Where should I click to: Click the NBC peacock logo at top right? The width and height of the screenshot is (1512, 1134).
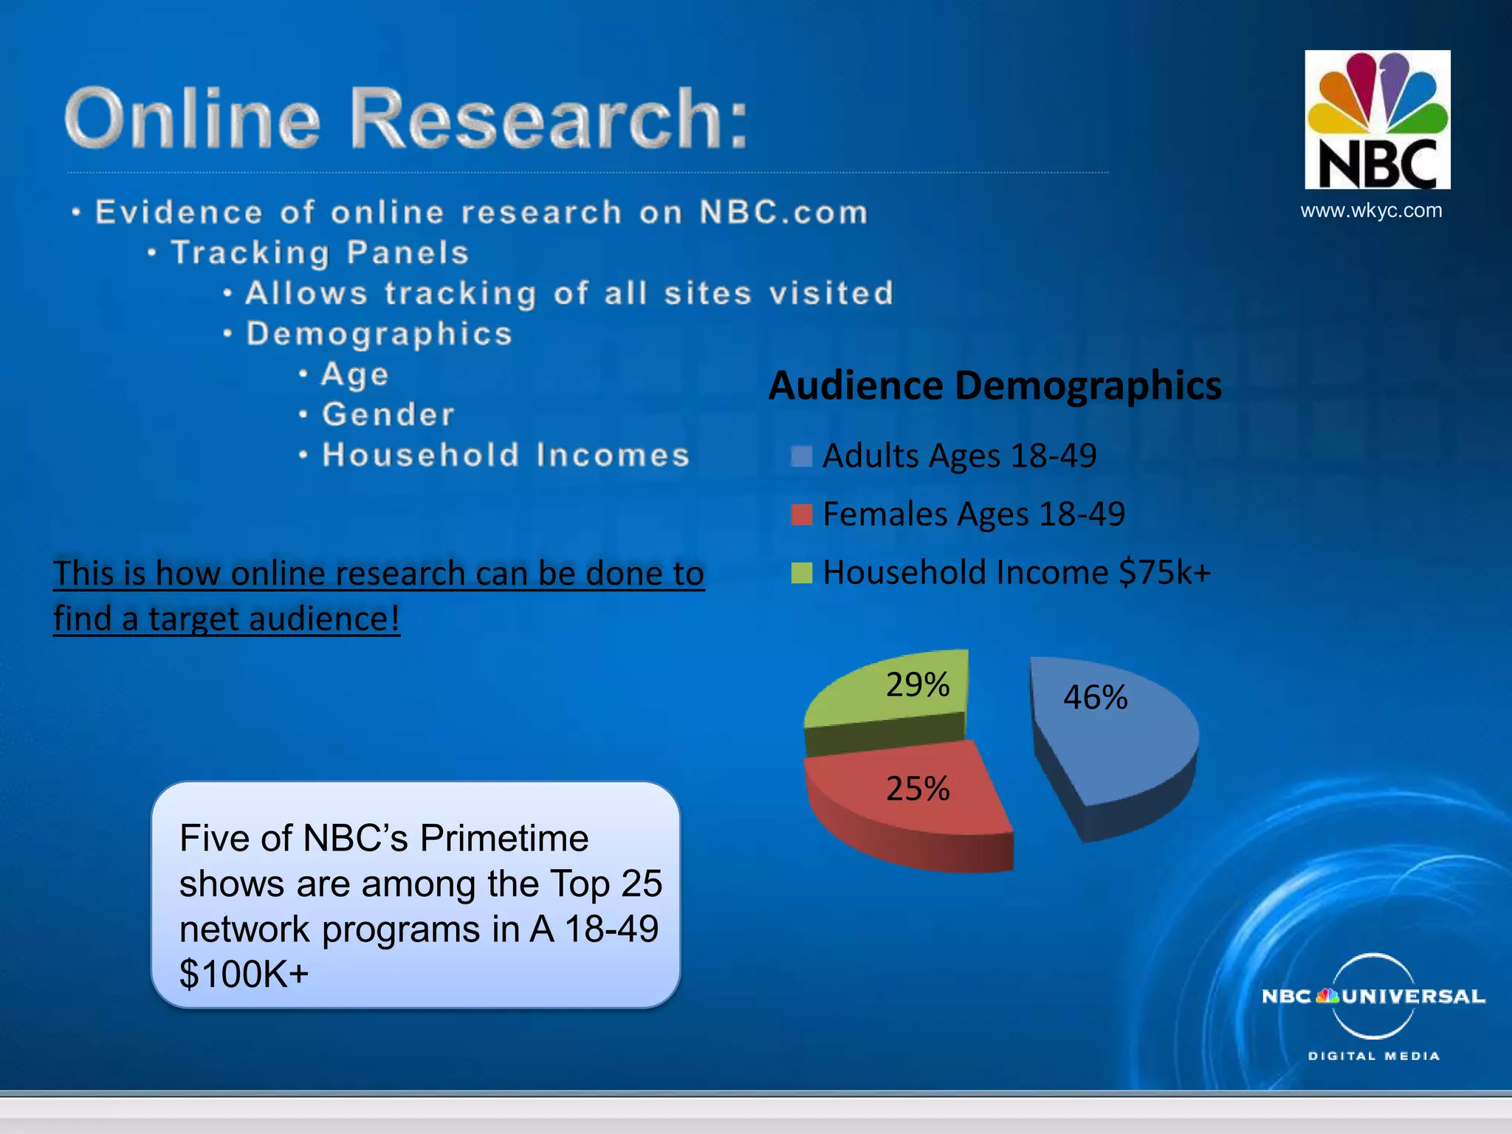pos(1377,120)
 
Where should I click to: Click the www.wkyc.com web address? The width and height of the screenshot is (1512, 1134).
pos(1371,210)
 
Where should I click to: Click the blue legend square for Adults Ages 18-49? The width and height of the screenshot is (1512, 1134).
pos(801,456)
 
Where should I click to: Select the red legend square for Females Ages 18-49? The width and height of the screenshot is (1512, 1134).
pos(801,515)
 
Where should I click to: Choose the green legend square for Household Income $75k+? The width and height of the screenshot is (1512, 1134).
pos(801,573)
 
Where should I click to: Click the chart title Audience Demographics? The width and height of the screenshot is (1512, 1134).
pos(994,385)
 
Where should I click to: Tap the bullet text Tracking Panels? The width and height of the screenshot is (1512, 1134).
pos(320,252)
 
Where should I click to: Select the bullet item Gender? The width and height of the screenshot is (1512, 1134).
pos(388,414)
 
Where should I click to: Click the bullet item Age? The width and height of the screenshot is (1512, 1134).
pos(355,374)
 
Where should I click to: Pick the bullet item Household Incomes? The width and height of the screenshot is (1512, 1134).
pos(506,455)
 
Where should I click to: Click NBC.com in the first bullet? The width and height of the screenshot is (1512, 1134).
pos(783,213)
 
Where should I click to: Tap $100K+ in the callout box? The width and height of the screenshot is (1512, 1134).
pos(244,974)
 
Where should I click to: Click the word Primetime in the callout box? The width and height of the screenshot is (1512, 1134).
pos(504,839)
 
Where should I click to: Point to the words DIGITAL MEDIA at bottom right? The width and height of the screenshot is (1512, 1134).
pos(1373,1056)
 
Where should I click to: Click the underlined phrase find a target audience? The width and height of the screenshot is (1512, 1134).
pos(227,619)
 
